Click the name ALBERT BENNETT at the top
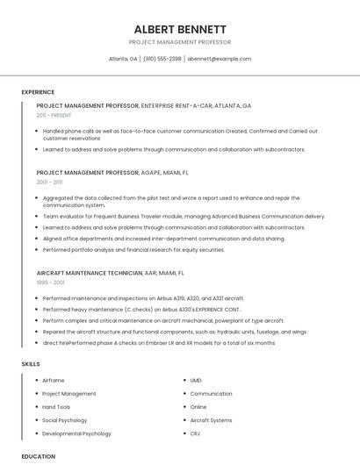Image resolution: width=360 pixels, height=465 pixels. [x=180, y=29]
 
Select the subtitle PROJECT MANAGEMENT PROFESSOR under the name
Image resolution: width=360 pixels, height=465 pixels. [x=180, y=42]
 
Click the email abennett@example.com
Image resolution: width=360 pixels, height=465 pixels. [x=220, y=59]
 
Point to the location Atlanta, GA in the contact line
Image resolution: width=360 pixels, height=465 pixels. [x=123, y=59]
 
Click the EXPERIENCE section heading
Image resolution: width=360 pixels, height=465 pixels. [x=38, y=92]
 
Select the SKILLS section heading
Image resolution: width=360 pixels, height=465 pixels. [x=31, y=363]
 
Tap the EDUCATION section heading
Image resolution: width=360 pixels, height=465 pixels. [x=39, y=456]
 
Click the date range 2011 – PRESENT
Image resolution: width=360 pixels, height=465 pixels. [x=54, y=115]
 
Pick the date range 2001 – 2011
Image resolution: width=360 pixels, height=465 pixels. [x=49, y=182]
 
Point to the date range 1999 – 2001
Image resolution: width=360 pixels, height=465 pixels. [x=49, y=283]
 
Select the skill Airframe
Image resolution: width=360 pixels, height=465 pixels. [x=54, y=381]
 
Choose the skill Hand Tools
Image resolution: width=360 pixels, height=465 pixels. [x=56, y=407]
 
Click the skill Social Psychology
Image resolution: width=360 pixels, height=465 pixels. [x=65, y=420]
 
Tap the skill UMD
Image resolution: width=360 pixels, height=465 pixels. [x=196, y=381]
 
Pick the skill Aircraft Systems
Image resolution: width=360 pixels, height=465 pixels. [x=211, y=420]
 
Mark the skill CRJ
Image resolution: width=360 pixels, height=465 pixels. [x=196, y=433]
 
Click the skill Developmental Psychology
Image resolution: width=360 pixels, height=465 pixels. [x=76, y=433]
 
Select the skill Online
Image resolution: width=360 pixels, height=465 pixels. [x=198, y=407]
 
